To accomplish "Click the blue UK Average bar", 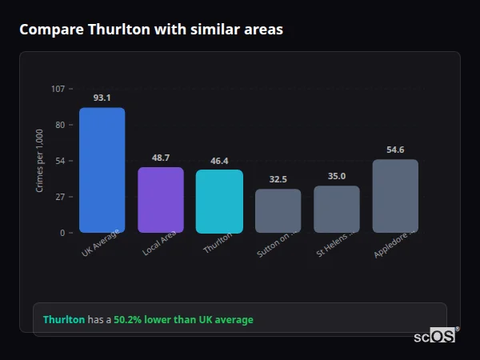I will (x=102, y=170).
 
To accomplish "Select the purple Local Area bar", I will (x=161, y=200).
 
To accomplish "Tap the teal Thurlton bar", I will (x=219, y=202).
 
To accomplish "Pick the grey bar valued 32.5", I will (x=278, y=211).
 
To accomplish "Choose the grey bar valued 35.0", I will (x=337, y=210).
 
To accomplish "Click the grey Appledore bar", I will (x=395, y=196).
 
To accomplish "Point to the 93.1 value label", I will (x=102, y=98).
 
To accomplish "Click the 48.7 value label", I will (x=161, y=158).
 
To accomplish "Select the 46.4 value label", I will (x=219, y=161).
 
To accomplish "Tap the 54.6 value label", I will (x=395, y=150).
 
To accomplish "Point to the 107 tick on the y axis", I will (x=58, y=89).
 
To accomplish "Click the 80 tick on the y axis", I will (x=60, y=125).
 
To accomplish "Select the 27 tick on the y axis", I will (x=60, y=197).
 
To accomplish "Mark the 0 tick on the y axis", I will (x=62, y=233).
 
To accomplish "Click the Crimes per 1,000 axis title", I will (x=40, y=161).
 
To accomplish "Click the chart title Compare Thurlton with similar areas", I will (x=151, y=30).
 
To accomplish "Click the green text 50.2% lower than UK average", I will (x=183, y=320).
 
